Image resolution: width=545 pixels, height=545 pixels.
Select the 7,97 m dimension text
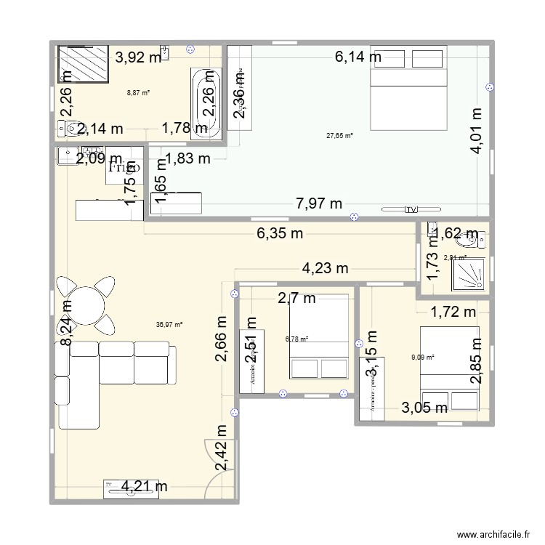tap(317, 204)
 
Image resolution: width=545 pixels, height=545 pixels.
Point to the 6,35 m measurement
tap(279, 234)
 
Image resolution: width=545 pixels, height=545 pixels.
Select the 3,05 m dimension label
tap(424, 408)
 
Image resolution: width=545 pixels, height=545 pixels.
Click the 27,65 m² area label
tap(339, 136)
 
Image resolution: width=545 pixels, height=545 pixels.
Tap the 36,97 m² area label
tap(169, 326)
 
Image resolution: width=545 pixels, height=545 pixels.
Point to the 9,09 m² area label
tap(422, 357)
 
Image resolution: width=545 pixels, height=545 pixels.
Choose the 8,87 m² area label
tap(137, 93)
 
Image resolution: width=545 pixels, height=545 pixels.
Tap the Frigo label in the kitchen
tap(124, 167)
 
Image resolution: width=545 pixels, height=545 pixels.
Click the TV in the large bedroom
tap(412, 210)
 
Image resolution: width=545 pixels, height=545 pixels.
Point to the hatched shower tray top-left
tap(83, 65)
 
